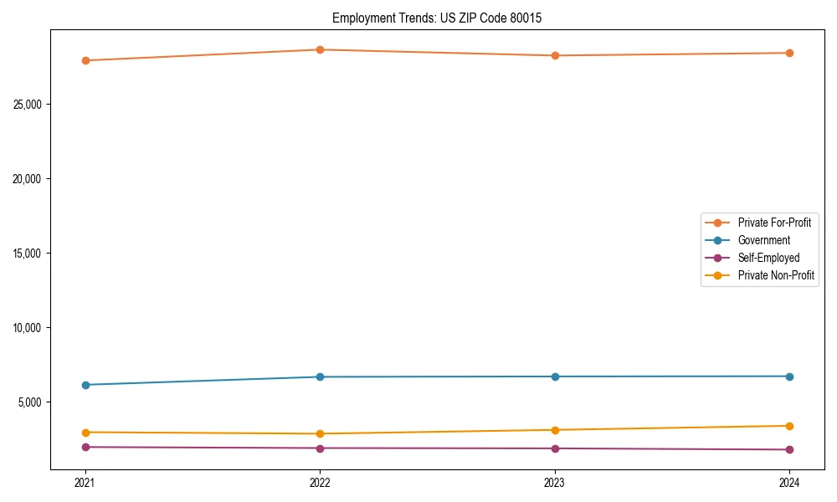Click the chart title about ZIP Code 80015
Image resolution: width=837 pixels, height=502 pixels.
click(437, 18)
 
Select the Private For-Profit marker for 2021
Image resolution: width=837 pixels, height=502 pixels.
click(85, 60)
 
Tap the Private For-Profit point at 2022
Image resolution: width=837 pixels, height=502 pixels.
click(320, 49)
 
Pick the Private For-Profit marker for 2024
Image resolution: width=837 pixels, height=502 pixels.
click(789, 53)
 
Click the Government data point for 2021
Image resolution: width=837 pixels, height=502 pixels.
click(85, 385)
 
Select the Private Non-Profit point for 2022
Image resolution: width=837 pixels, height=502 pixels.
click(320, 433)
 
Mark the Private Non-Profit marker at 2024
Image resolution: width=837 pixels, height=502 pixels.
click(789, 426)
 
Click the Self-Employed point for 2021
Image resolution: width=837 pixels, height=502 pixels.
click(85, 447)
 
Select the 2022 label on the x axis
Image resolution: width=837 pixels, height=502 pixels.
click(320, 482)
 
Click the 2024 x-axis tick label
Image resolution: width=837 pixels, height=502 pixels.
click(789, 482)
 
